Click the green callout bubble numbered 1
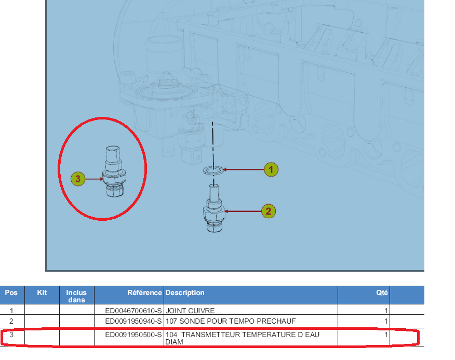point(271,169)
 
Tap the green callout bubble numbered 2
point(269,211)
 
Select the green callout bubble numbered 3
point(78,179)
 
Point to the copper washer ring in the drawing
point(213,170)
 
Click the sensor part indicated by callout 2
point(214,208)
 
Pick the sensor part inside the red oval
point(115,171)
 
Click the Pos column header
point(11,292)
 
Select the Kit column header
point(42,292)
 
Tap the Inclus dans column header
point(76,296)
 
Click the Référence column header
point(144,292)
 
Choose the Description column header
point(185,292)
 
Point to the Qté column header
point(382,292)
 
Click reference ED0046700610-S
point(133,311)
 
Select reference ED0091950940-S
point(133,321)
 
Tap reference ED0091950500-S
point(133,335)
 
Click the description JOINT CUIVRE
point(190,311)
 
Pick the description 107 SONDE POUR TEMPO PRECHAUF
point(231,321)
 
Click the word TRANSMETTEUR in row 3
point(211,335)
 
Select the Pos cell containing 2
point(11,321)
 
